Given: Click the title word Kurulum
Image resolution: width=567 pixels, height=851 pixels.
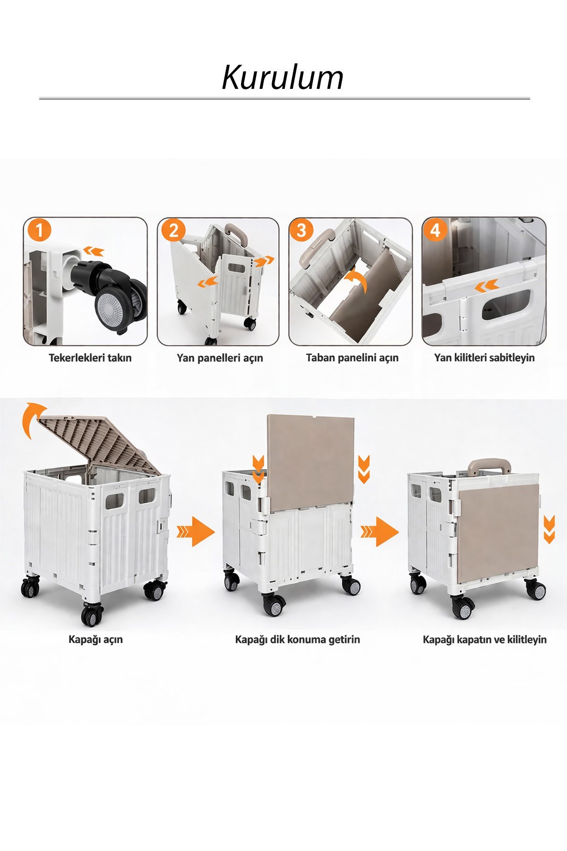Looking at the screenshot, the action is click(x=283, y=77).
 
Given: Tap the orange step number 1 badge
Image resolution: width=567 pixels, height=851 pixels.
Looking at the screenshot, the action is click(x=39, y=231).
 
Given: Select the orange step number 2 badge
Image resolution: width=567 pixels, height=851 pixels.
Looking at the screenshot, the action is click(x=173, y=231).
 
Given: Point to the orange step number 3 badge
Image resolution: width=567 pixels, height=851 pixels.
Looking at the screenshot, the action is click(x=301, y=231).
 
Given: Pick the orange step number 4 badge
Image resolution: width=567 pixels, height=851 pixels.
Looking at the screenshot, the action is click(x=435, y=230).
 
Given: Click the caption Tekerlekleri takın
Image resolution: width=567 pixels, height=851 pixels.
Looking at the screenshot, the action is click(x=90, y=357).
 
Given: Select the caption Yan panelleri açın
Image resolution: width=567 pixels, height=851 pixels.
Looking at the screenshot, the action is click(x=220, y=358).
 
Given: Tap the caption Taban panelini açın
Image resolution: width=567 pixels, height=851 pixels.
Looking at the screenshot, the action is click(x=352, y=358).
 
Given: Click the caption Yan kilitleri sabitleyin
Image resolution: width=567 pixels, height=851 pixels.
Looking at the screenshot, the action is click(x=484, y=357).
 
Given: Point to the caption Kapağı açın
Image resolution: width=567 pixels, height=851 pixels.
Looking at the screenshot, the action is click(x=95, y=640).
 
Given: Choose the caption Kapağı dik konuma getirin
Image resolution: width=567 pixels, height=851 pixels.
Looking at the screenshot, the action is click(x=298, y=640).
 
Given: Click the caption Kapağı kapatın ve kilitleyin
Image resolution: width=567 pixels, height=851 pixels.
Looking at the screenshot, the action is click(x=485, y=640).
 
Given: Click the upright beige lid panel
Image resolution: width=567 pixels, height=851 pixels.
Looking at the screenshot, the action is click(x=311, y=463).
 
